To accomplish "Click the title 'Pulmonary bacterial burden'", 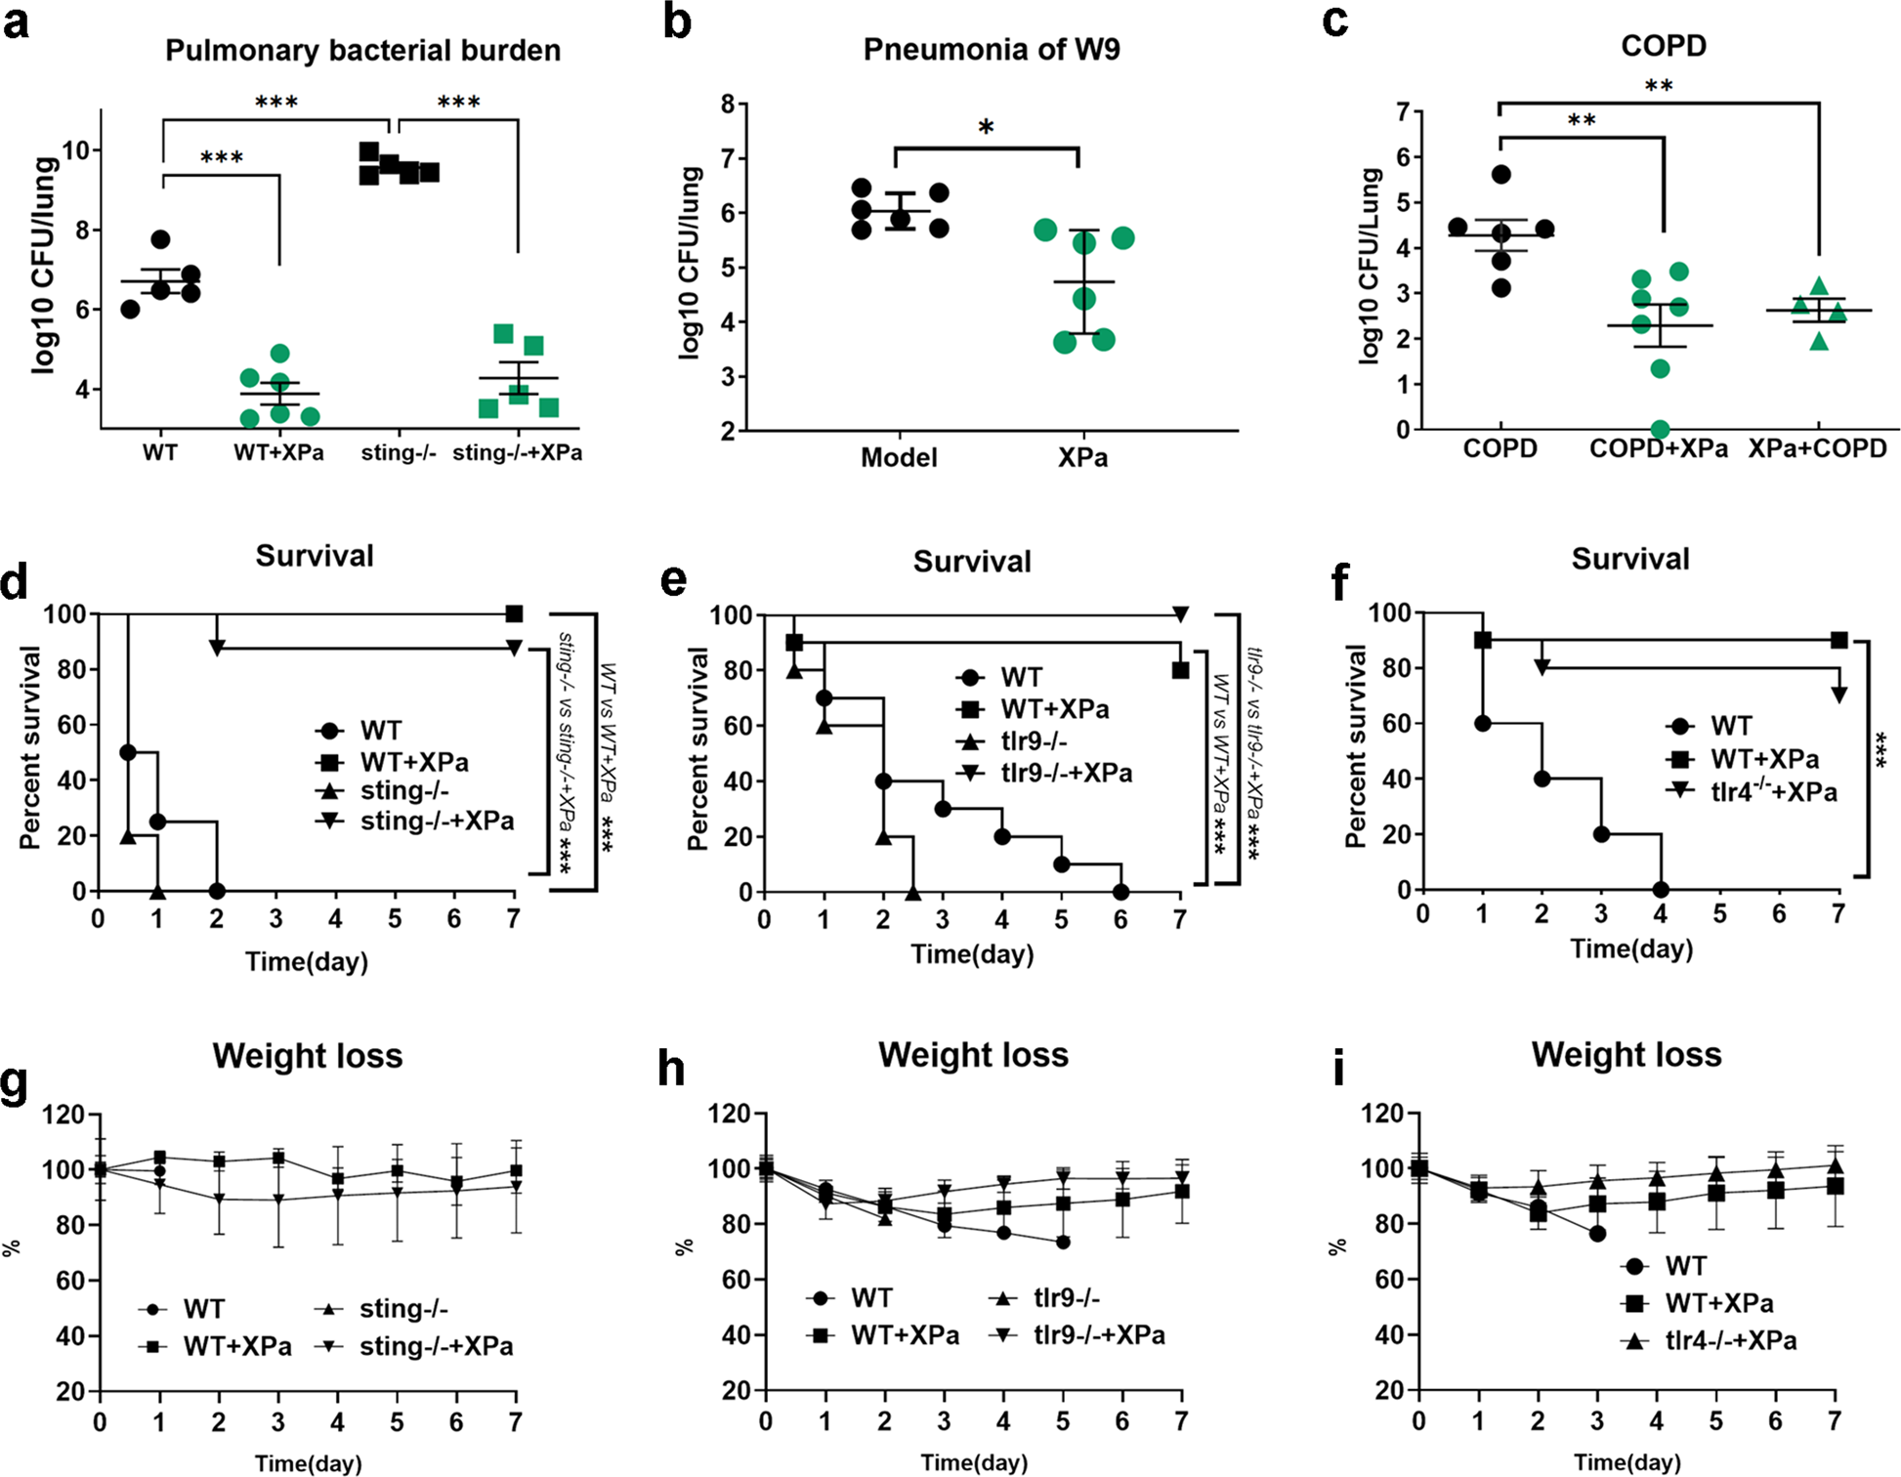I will click(x=362, y=50).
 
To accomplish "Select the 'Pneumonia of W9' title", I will click(x=991, y=49).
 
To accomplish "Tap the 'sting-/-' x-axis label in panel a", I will click(x=398, y=452).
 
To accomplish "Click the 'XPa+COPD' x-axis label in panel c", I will click(x=1817, y=448).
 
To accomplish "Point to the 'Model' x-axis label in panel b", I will click(x=899, y=457).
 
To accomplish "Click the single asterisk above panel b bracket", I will click(x=986, y=128).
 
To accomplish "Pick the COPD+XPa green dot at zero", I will click(x=1660, y=429).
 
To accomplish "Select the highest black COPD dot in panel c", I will click(x=1501, y=175).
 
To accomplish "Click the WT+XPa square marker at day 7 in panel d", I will click(x=514, y=614).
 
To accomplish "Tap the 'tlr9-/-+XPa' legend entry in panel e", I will click(x=1066, y=774).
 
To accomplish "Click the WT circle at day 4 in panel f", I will click(x=1661, y=890).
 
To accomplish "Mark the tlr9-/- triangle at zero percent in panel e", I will click(x=913, y=892).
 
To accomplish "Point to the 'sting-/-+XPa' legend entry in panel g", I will click(x=436, y=1346).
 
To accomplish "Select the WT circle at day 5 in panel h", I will click(x=1063, y=1243).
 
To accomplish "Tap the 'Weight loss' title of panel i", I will click(x=1626, y=1055).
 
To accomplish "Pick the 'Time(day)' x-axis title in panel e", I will click(x=972, y=954).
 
